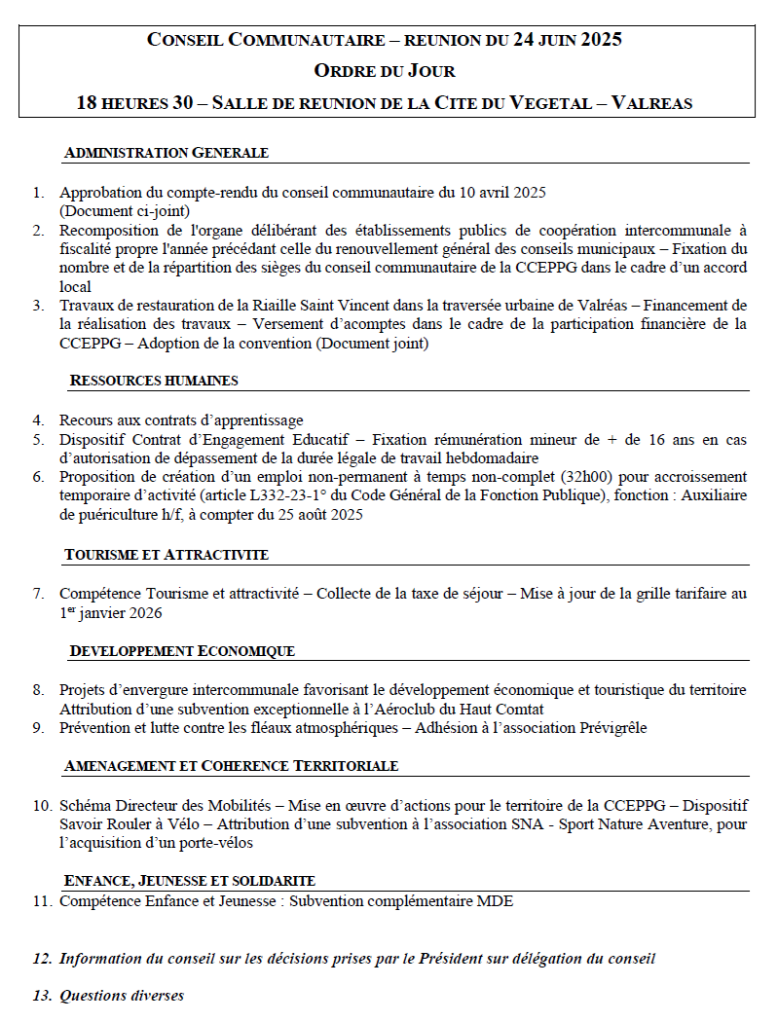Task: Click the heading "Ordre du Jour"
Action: point(385,70)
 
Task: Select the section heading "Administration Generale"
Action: point(166,153)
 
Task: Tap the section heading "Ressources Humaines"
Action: point(154,381)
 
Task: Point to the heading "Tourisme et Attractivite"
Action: point(167,555)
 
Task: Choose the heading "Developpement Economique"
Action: point(182,650)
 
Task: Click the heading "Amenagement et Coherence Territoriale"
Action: point(231,766)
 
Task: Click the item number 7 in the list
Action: point(38,593)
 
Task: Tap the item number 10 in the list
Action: point(41,806)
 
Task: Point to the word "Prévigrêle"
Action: point(610,727)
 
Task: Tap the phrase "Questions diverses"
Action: point(122,996)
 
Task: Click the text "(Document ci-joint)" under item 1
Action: point(124,210)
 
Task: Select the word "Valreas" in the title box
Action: point(651,103)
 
